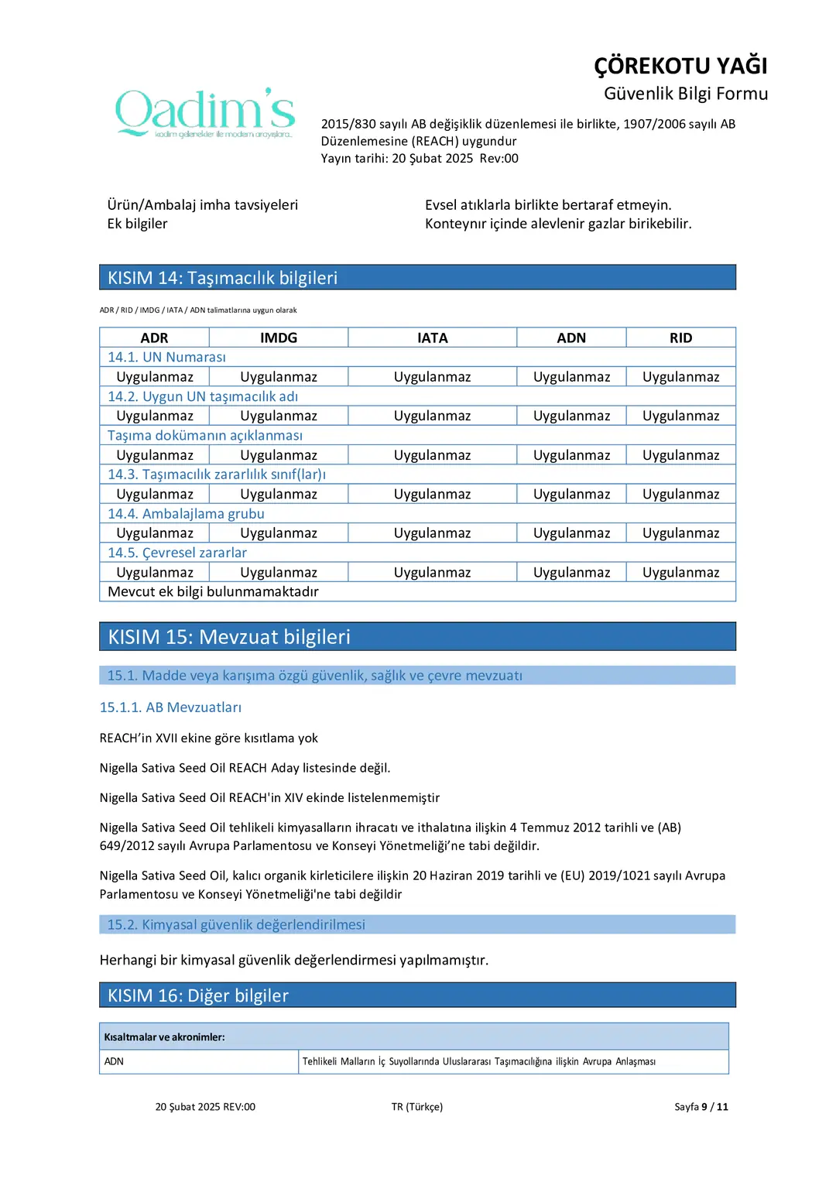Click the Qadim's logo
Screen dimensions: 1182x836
pos(205,113)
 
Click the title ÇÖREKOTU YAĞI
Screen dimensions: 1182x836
pos(680,66)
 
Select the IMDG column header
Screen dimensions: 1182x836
pos(279,337)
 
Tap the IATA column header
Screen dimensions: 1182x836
pos(432,337)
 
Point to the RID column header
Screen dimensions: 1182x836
pos(680,337)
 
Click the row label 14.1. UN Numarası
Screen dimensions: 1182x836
pos(166,357)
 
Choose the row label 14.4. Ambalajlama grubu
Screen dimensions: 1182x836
pos(186,513)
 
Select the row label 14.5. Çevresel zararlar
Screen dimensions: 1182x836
pos(177,553)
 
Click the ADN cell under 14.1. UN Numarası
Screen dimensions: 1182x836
pos(571,377)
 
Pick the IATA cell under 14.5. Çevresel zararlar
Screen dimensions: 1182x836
pos(432,572)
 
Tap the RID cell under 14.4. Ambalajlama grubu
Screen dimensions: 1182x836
pos(680,533)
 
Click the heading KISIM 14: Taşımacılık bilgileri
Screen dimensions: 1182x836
pos(222,278)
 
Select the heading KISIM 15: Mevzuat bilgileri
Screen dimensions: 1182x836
pos(229,636)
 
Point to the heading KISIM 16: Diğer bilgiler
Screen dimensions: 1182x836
pos(198,995)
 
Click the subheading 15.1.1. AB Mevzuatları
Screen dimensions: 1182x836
pos(170,707)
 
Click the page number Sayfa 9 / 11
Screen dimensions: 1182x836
pos(701,1107)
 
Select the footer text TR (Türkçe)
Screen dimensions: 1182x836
pos(417,1107)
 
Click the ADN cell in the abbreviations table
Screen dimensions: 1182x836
pos(115,1061)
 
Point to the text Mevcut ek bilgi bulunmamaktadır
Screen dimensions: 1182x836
pos(213,591)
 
